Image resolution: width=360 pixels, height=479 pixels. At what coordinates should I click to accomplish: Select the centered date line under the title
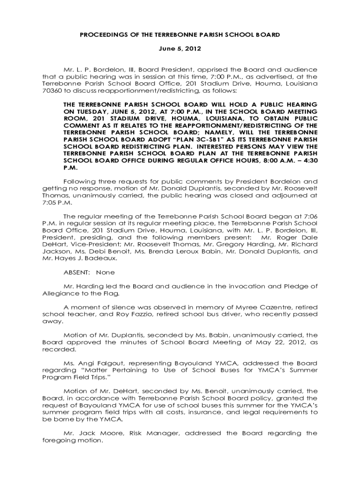(x=180, y=49)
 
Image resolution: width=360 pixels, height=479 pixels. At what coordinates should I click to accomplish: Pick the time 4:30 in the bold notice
(x=308, y=160)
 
